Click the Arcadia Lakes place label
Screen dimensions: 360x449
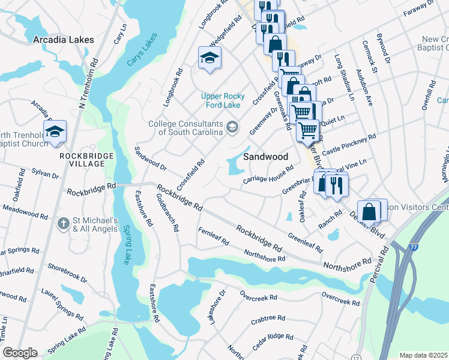[64, 40]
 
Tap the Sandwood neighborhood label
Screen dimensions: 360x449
[266, 157]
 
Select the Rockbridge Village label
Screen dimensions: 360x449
[86, 160]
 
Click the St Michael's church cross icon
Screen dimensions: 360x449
[63, 224]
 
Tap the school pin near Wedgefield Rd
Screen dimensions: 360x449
[209, 58]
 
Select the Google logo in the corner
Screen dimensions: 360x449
[20, 353]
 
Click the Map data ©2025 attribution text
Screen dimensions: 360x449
[424, 355]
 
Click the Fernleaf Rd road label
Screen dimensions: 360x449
[214, 236]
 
